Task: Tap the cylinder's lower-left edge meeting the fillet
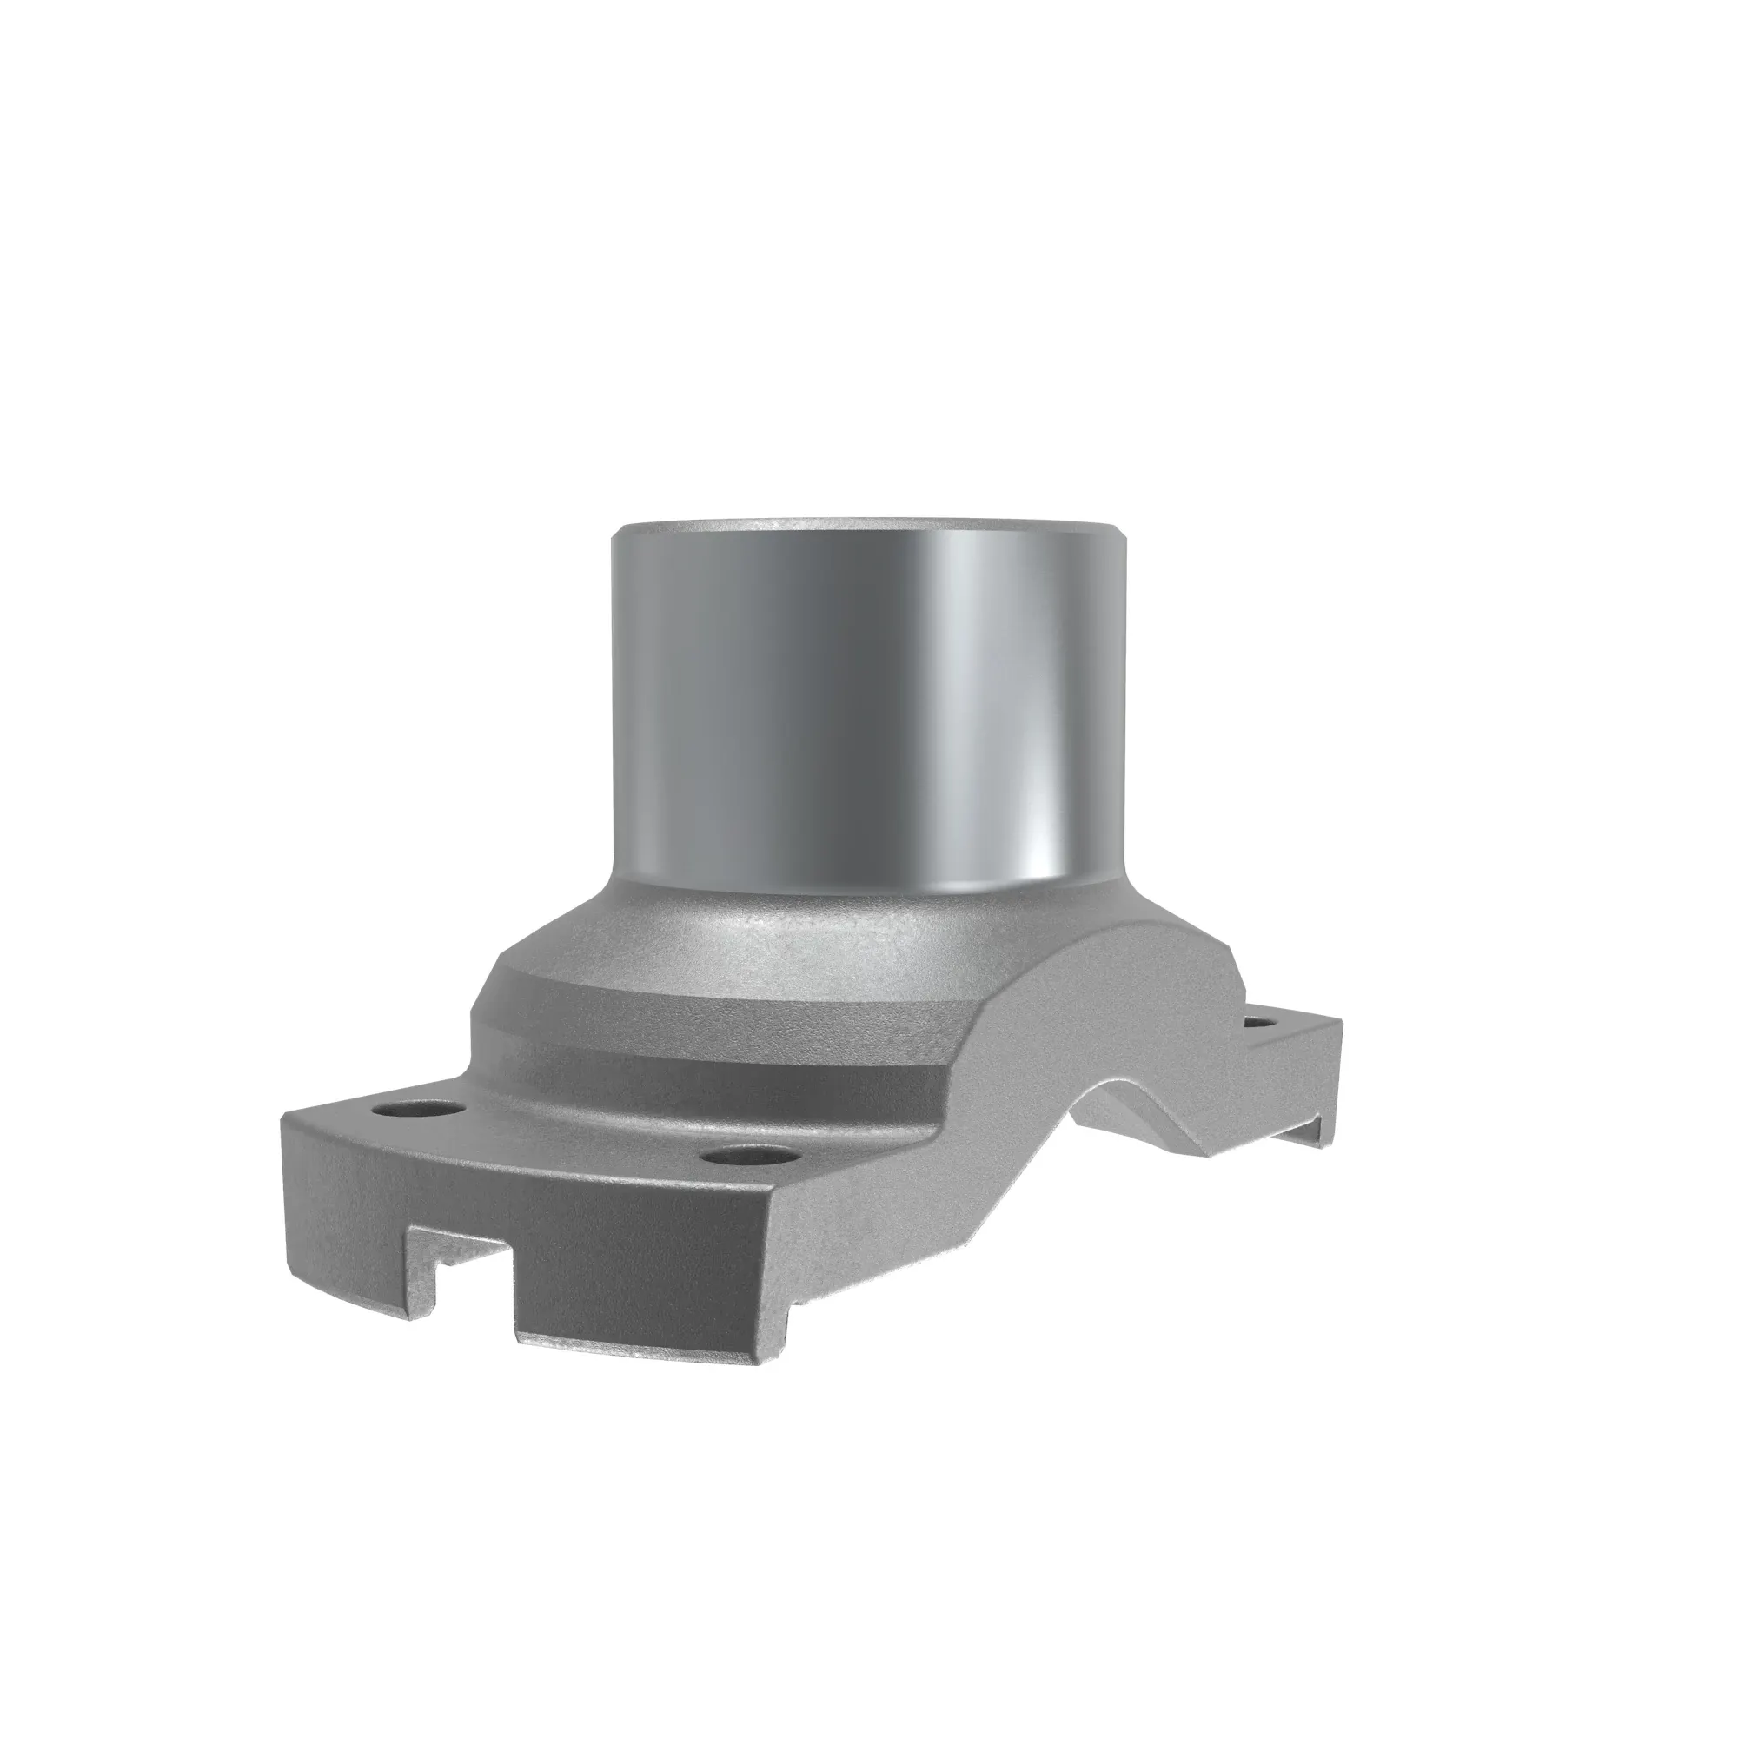620,886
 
